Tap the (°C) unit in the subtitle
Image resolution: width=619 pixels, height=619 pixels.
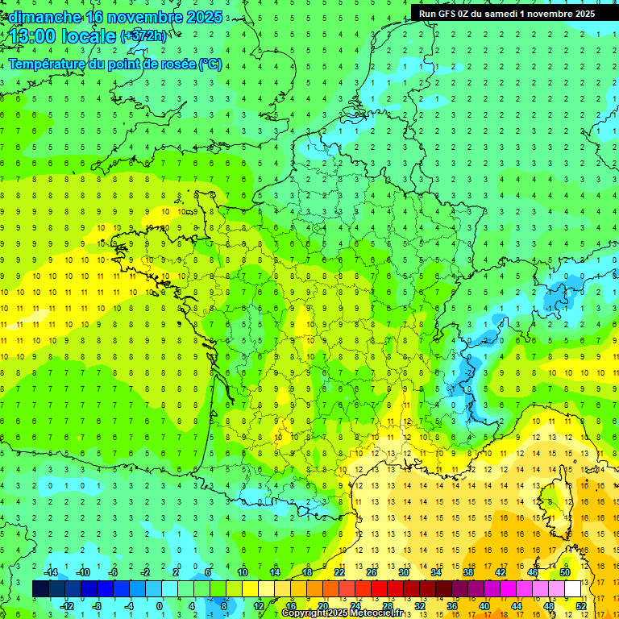pos(210,64)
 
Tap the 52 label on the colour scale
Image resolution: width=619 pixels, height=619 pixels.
pos(581,605)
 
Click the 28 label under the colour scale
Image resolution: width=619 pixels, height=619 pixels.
pos(387,605)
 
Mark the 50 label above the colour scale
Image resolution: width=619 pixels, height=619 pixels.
pos(564,572)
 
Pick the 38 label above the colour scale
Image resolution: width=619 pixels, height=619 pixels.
pos(467,572)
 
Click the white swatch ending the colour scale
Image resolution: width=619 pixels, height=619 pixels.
pos(572,589)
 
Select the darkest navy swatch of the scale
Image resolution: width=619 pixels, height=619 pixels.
pos(41,589)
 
